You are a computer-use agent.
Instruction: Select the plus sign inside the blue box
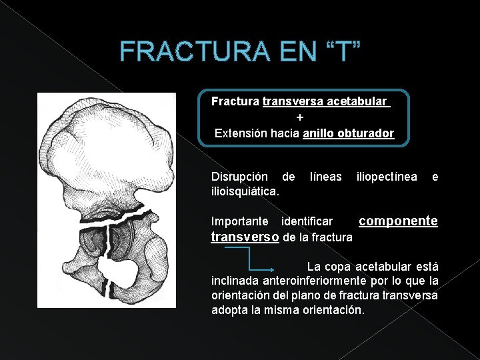[x=300, y=117]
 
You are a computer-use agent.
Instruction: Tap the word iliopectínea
[x=387, y=177]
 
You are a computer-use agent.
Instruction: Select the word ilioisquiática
[x=245, y=191]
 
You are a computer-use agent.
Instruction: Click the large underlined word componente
[x=399, y=221]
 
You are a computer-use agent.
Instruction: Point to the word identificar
[x=307, y=221]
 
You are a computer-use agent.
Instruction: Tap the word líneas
[x=326, y=177]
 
